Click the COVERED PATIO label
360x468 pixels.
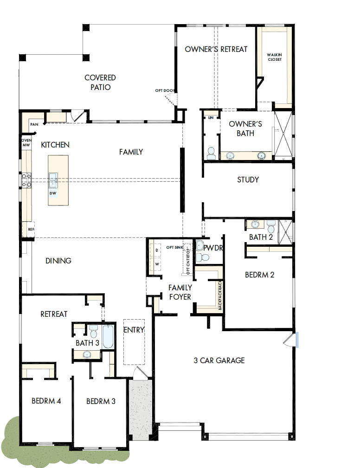click(100, 82)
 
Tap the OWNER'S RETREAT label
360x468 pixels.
click(216, 49)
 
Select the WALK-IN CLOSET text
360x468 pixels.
click(274, 57)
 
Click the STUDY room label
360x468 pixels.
click(248, 180)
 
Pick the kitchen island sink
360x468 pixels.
click(53, 179)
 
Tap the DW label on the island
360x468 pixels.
click(53, 192)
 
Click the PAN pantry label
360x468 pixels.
click(34, 124)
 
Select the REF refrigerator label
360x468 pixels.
click(31, 229)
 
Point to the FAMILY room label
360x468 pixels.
click(131, 152)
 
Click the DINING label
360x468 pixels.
click(58, 261)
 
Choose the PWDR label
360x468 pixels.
click(214, 248)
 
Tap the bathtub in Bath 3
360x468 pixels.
click(108, 337)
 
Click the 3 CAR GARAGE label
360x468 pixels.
click(219, 360)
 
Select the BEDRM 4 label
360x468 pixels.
click(46, 401)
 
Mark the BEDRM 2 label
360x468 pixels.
click(259, 275)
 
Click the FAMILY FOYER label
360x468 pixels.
click(180, 292)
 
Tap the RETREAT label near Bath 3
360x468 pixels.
click(54, 314)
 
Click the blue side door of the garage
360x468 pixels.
click(296, 340)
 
